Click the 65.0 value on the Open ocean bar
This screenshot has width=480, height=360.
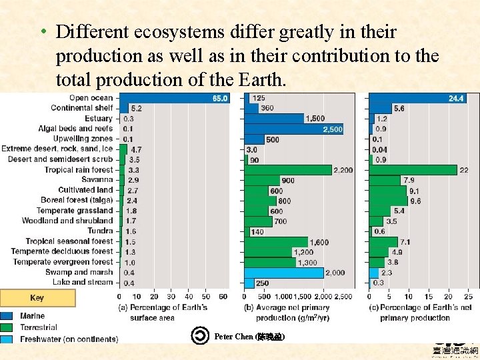(x=219, y=98)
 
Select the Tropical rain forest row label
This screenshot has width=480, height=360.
(x=79, y=170)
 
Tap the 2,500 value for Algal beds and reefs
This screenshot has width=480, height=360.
(x=333, y=129)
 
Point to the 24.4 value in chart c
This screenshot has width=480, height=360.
(x=455, y=98)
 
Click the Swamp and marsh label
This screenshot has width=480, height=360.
(x=79, y=272)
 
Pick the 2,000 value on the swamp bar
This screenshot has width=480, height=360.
(x=335, y=273)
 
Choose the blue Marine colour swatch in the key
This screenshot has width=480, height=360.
(x=7, y=316)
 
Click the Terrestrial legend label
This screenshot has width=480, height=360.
(x=39, y=327)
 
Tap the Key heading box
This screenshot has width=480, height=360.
(x=37, y=298)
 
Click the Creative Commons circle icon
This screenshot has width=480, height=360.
(x=200, y=336)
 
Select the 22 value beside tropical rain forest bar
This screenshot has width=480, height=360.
(x=464, y=170)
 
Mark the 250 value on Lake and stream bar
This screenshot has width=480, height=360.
(x=263, y=283)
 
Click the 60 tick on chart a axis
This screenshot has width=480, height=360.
(x=223, y=297)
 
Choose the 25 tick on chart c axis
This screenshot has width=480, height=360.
(x=468, y=297)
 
